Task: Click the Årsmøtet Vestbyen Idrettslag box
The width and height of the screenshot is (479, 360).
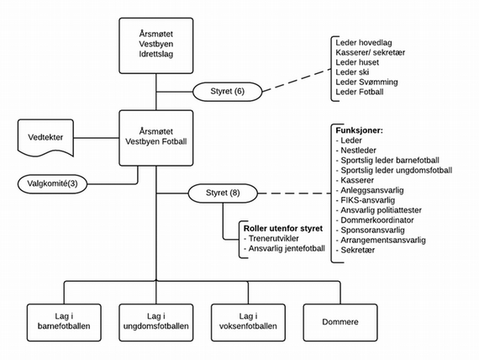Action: click(x=156, y=45)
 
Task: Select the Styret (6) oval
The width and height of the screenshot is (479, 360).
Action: click(x=227, y=92)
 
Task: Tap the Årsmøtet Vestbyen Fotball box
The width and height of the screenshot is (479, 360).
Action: click(x=156, y=138)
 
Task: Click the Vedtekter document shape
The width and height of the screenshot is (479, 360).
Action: click(x=45, y=137)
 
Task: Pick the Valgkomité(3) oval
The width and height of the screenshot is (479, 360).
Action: click(x=52, y=184)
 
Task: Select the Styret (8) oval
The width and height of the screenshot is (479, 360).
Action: click(x=223, y=193)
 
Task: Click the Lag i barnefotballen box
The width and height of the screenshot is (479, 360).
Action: click(x=64, y=322)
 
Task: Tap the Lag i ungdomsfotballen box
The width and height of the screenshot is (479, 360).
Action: click(x=156, y=322)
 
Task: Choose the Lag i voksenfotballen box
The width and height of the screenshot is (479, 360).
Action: click(x=248, y=322)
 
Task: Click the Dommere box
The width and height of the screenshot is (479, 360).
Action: click(x=340, y=322)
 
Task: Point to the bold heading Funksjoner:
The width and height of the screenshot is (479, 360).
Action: click(x=360, y=130)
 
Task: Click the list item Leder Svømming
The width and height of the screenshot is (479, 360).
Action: click(x=366, y=82)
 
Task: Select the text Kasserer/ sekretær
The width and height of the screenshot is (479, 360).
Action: click(x=371, y=52)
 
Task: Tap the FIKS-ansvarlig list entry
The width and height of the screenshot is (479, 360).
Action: click(x=366, y=200)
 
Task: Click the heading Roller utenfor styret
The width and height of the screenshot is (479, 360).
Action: click(x=283, y=229)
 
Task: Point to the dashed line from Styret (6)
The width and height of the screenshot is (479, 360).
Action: click(x=297, y=81)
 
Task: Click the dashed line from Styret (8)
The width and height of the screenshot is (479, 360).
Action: click(x=294, y=193)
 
